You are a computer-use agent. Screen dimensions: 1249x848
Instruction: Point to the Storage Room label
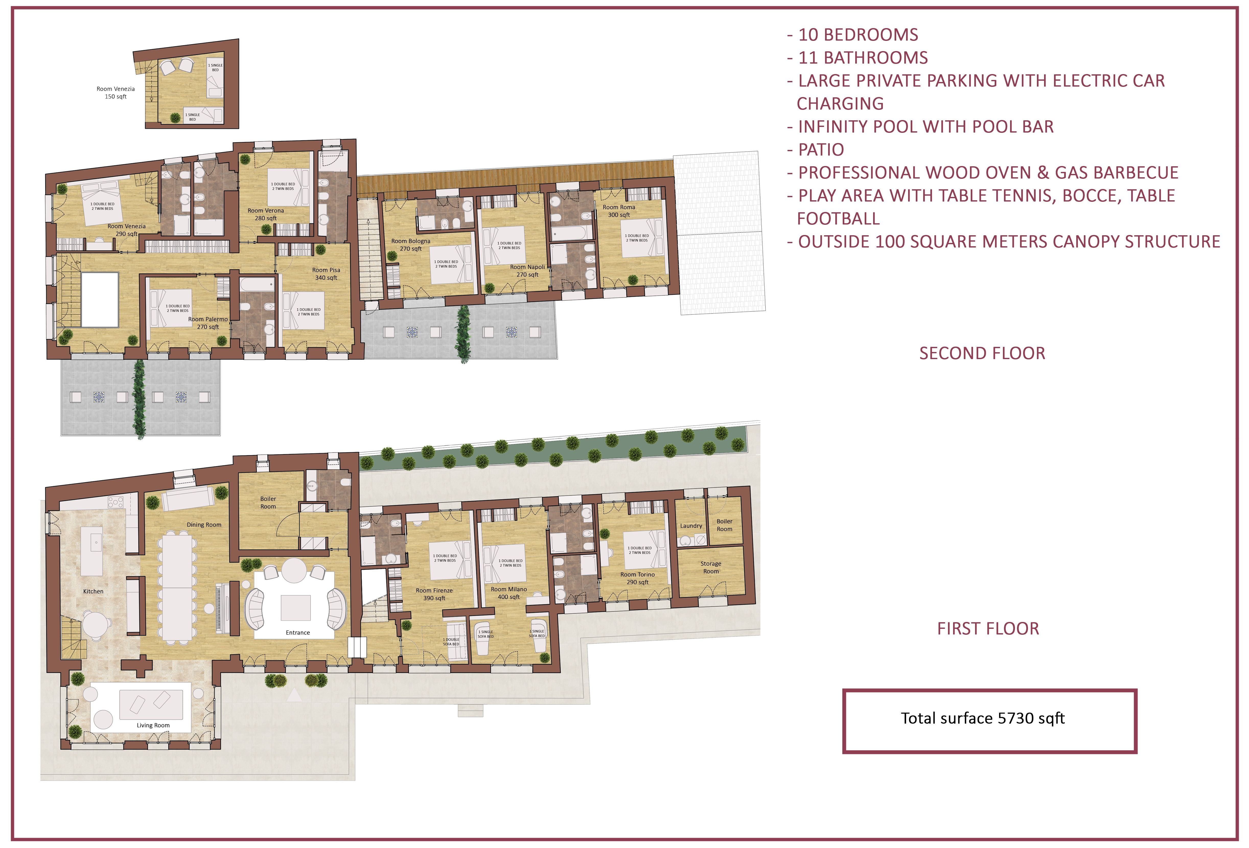(x=711, y=568)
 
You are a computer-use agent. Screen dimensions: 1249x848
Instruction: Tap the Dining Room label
(x=204, y=525)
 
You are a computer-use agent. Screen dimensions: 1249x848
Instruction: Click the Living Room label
(x=153, y=725)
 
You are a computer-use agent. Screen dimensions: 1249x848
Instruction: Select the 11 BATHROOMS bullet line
(x=857, y=57)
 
